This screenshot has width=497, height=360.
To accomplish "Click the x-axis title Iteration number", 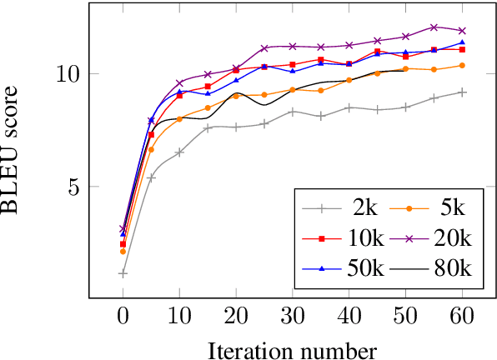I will pyautogui.click(x=293, y=348).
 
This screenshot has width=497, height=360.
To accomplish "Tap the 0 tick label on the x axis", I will pyautogui.click(x=123, y=318).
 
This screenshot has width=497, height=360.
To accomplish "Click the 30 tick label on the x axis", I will pyautogui.click(x=292, y=318).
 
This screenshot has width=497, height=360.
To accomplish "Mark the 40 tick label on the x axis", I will pyautogui.click(x=349, y=318).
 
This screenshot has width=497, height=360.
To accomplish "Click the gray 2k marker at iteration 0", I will pyautogui.click(x=123, y=272).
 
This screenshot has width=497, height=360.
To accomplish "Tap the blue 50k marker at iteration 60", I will pyautogui.click(x=462, y=42).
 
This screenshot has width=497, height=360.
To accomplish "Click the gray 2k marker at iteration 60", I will pyautogui.click(x=462, y=92).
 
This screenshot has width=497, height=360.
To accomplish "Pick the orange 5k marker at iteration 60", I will pyautogui.click(x=462, y=65).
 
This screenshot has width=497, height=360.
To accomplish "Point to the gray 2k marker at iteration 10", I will pyautogui.click(x=179, y=152).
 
